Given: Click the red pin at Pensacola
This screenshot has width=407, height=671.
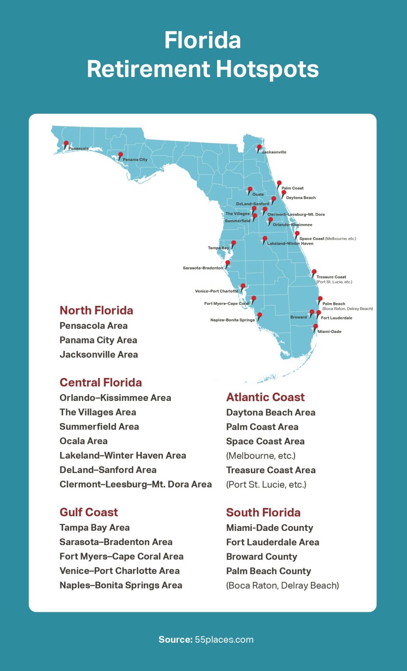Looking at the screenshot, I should [x=66, y=144].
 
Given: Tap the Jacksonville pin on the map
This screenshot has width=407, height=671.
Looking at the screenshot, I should [x=259, y=148].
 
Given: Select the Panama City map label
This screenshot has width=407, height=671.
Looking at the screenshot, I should [x=135, y=160].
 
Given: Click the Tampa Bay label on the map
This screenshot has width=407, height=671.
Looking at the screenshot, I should [x=218, y=248].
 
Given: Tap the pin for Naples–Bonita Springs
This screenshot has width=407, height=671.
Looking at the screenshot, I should [x=260, y=315].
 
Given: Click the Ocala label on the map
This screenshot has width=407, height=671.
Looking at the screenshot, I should [x=258, y=194].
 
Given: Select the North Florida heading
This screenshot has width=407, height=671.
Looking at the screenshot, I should [x=96, y=311].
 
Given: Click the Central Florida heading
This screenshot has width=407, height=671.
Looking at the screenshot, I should [x=101, y=383].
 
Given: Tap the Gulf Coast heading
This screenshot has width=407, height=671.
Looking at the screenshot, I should [x=89, y=512].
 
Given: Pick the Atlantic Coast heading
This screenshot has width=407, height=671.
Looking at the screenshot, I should [x=265, y=397].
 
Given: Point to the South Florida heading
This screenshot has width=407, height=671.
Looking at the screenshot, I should [x=263, y=512].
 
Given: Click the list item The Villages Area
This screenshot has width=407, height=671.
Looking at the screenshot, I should [x=97, y=412].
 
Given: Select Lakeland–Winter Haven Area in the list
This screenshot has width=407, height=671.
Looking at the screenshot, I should [x=122, y=456].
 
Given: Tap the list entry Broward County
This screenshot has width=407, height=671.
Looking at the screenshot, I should [x=261, y=557].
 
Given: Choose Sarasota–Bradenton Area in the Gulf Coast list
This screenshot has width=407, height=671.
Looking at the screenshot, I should [x=116, y=542].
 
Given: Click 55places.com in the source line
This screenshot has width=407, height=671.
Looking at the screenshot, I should [x=224, y=640].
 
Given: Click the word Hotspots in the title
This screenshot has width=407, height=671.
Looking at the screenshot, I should [x=267, y=69].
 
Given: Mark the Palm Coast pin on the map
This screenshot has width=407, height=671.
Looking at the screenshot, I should [x=279, y=183].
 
